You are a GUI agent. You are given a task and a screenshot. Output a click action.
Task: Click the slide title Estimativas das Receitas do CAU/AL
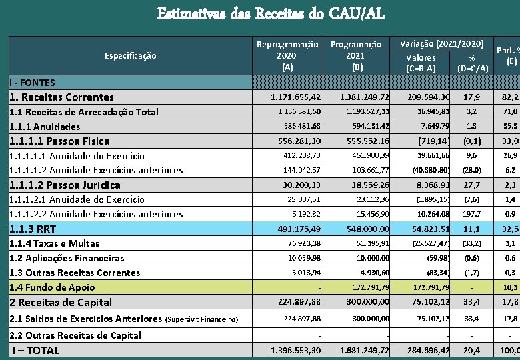271,13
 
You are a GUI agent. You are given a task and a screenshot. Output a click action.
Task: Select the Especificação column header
130,55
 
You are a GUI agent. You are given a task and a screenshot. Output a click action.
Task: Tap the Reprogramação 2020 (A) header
287,55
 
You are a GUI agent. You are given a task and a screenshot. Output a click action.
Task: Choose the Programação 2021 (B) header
357,55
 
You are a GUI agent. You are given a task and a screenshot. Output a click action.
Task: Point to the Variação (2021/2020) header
441,43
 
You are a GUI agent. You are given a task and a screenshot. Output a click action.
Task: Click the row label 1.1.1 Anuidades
45,127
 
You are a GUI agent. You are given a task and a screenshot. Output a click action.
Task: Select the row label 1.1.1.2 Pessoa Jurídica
65,185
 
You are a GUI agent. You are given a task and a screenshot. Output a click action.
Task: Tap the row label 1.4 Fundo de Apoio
52,287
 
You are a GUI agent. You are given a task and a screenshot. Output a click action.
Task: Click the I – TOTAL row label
35,350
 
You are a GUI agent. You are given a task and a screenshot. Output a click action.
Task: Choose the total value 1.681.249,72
364,350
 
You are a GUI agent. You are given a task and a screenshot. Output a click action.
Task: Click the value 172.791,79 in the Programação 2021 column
368,287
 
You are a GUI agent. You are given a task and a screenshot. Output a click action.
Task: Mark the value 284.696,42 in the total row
426,350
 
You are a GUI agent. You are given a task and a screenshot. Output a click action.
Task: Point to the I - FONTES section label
33,83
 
